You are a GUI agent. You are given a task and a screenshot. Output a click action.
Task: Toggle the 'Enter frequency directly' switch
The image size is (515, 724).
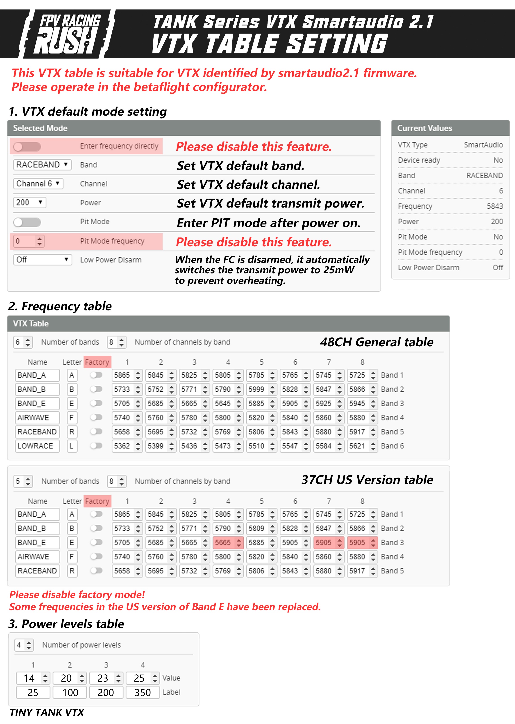click(27, 146)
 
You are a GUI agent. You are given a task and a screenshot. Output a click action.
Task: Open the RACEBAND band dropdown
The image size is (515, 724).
click(42, 165)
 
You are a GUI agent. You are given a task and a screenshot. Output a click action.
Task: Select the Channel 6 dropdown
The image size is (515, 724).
click(38, 184)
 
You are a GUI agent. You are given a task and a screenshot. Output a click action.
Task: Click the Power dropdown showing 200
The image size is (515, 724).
click(29, 202)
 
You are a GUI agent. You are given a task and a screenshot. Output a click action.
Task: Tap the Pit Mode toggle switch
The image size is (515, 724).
click(27, 222)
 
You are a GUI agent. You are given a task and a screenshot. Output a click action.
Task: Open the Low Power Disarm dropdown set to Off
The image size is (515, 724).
click(42, 260)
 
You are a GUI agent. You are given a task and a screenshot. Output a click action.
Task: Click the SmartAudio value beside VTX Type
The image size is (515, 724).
click(483, 145)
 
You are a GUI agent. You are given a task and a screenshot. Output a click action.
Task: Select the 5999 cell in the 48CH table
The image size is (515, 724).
click(256, 389)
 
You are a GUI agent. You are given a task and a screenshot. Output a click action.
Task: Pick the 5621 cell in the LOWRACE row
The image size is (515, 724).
click(357, 446)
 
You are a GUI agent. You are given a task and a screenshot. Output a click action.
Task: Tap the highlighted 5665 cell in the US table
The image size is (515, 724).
click(223, 543)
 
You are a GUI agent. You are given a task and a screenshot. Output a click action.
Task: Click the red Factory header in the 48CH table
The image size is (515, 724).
click(97, 362)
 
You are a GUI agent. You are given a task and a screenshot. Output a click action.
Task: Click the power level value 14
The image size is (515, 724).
click(29, 678)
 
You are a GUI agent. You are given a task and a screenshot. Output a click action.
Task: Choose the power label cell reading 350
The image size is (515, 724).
click(143, 693)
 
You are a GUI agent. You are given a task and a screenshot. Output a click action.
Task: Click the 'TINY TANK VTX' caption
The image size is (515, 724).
click(47, 713)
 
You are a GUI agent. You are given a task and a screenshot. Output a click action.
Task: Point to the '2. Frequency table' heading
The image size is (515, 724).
click(60, 306)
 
